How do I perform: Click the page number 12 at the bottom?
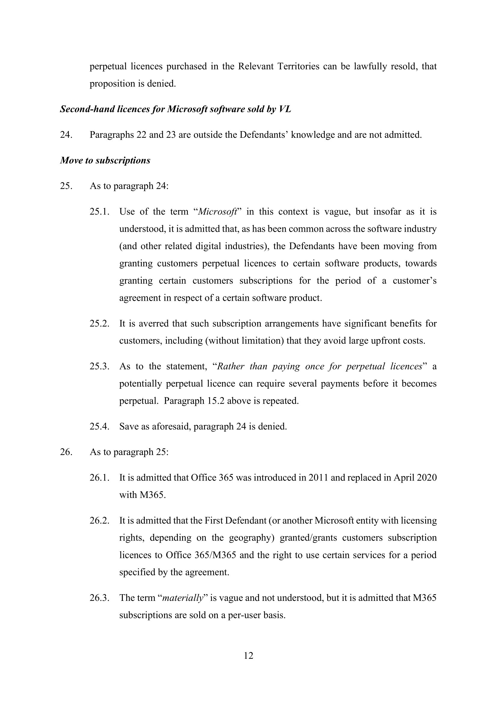point(248,655)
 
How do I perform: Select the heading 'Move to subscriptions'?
point(105,160)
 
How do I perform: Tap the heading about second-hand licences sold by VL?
point(175,109)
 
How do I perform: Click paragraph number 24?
point(66,135)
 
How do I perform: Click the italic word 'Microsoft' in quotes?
point(218,212)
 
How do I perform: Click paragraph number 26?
point(66,452)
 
